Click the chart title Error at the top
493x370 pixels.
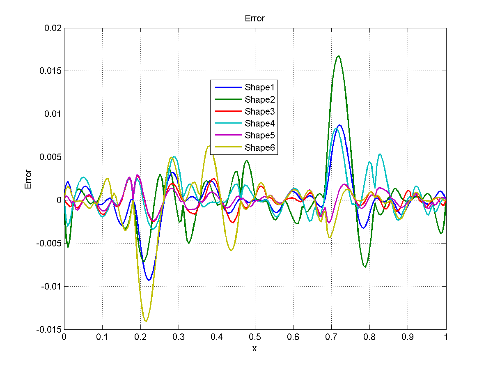coord(255,18)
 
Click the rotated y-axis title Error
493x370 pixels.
coord(28,179)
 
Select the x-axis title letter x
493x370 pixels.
coord(255,349)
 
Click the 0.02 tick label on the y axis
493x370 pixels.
coord(53,28)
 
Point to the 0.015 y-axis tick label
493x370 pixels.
coord(50,71)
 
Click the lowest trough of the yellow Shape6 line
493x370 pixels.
coord(146,321)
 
